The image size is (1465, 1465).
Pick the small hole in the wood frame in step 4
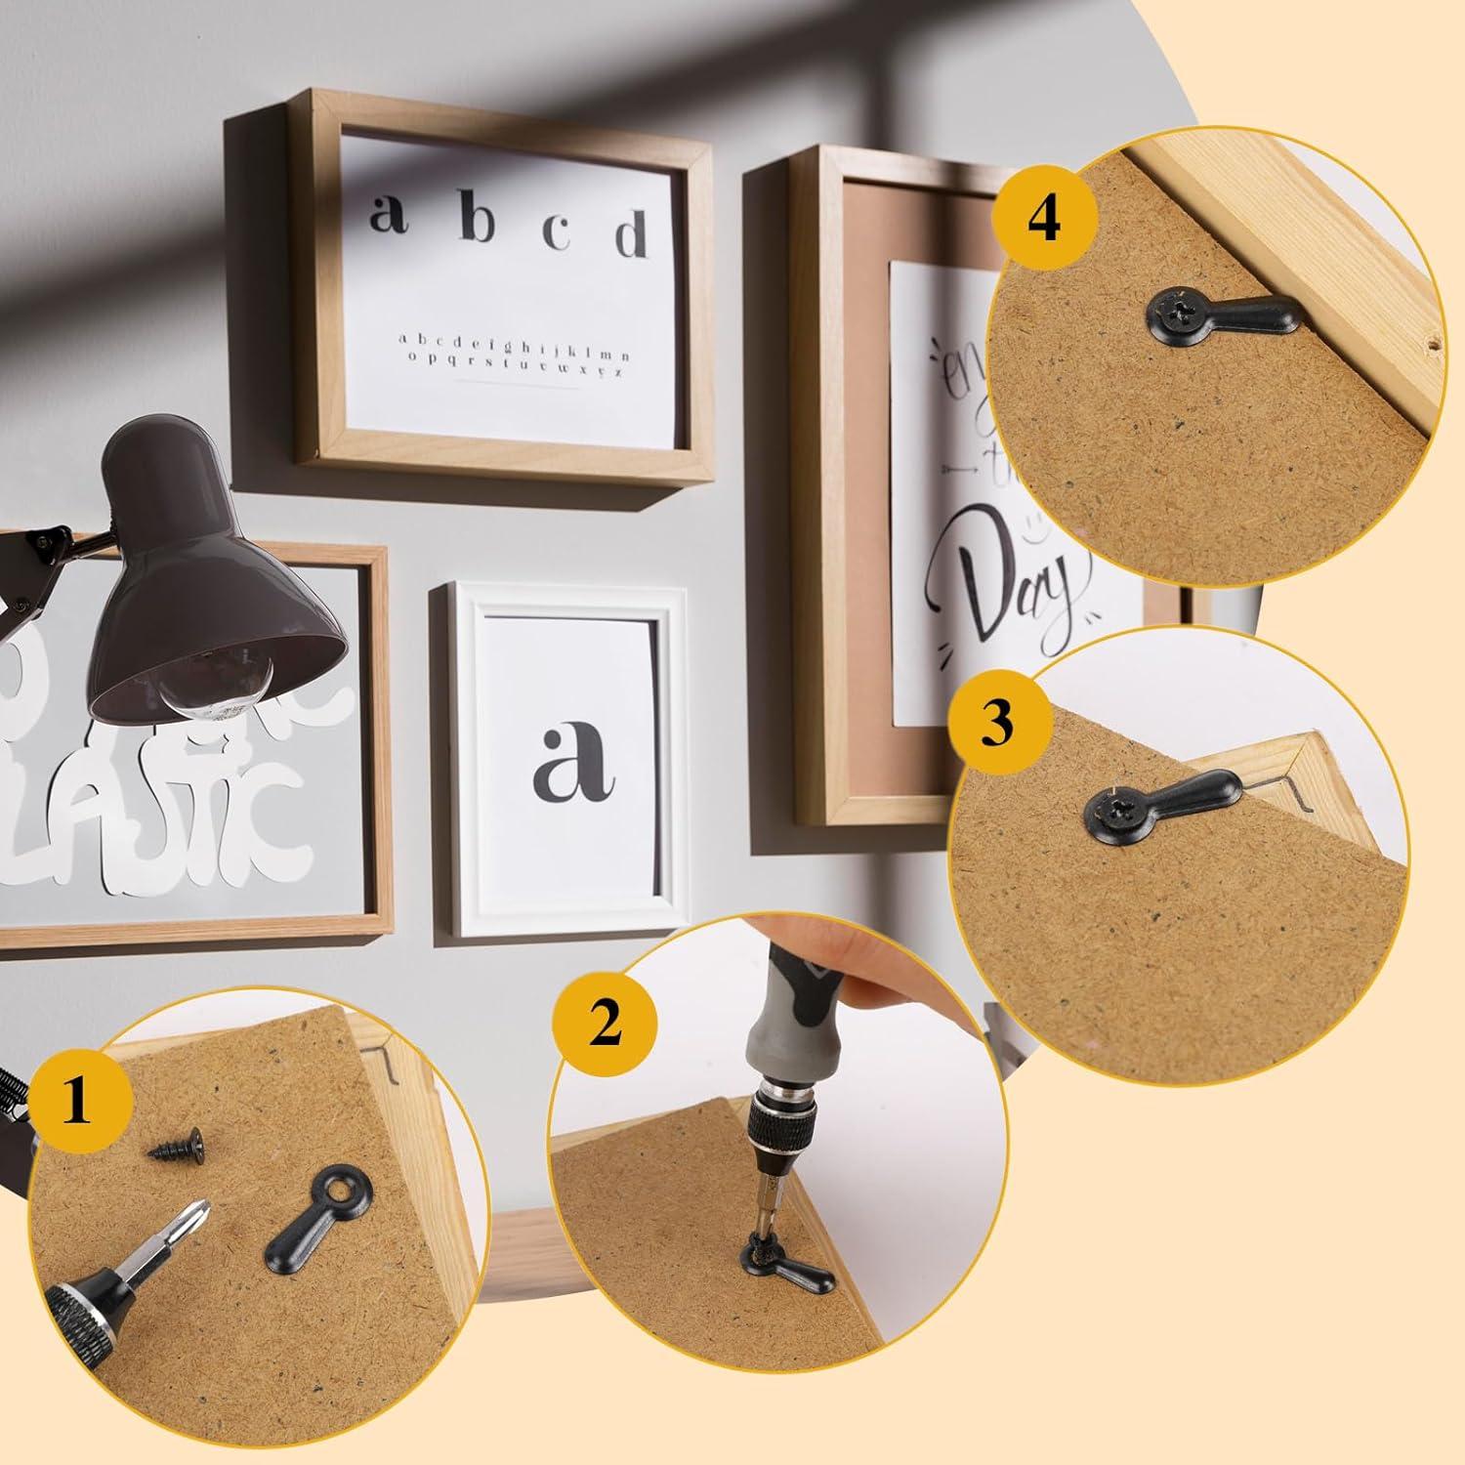click(1432, 344)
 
